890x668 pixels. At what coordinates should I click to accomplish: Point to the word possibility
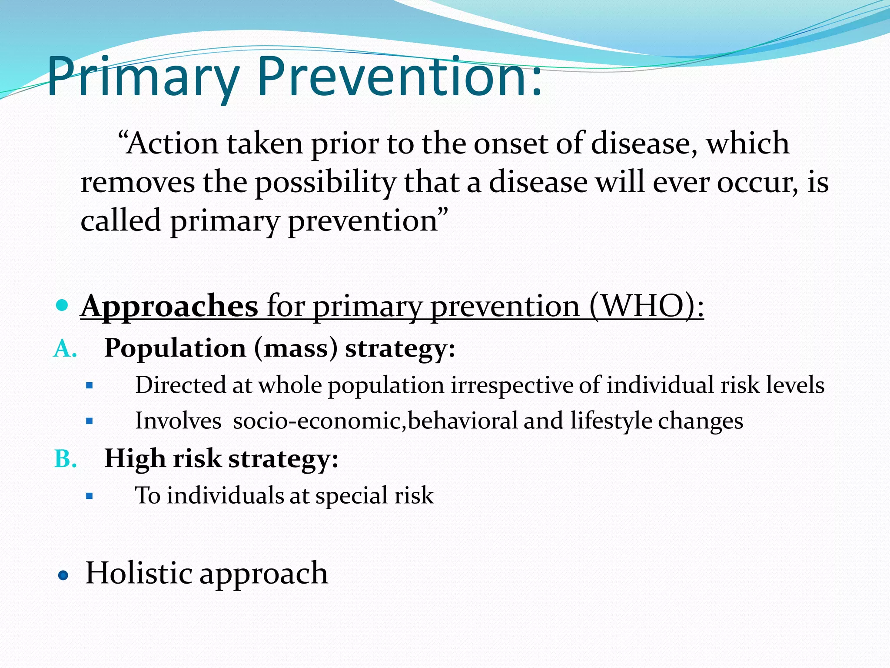pyautogui.click(x=325, y=183)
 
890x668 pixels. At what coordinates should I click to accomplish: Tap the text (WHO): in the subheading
pyautogui.click(x=646, y=306)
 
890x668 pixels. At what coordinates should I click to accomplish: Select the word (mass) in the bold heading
pyautogui.click(x=296, y=349)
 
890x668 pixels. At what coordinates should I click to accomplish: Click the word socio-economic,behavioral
pyautogui.click(x=375, y=421)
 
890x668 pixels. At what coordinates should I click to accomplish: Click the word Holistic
pyautogui.click(x=139, y=573)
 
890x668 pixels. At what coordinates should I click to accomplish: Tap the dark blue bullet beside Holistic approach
pyautogui.click(x=63, y=576)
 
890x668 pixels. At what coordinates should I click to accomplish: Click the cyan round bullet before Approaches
pyautogui.click(x=63, y=305)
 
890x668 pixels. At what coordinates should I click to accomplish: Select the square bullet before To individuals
pyautogui.click(x=90, y=496)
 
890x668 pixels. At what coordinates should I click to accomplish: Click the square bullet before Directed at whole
pyautogui.click(x=90, y=385)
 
